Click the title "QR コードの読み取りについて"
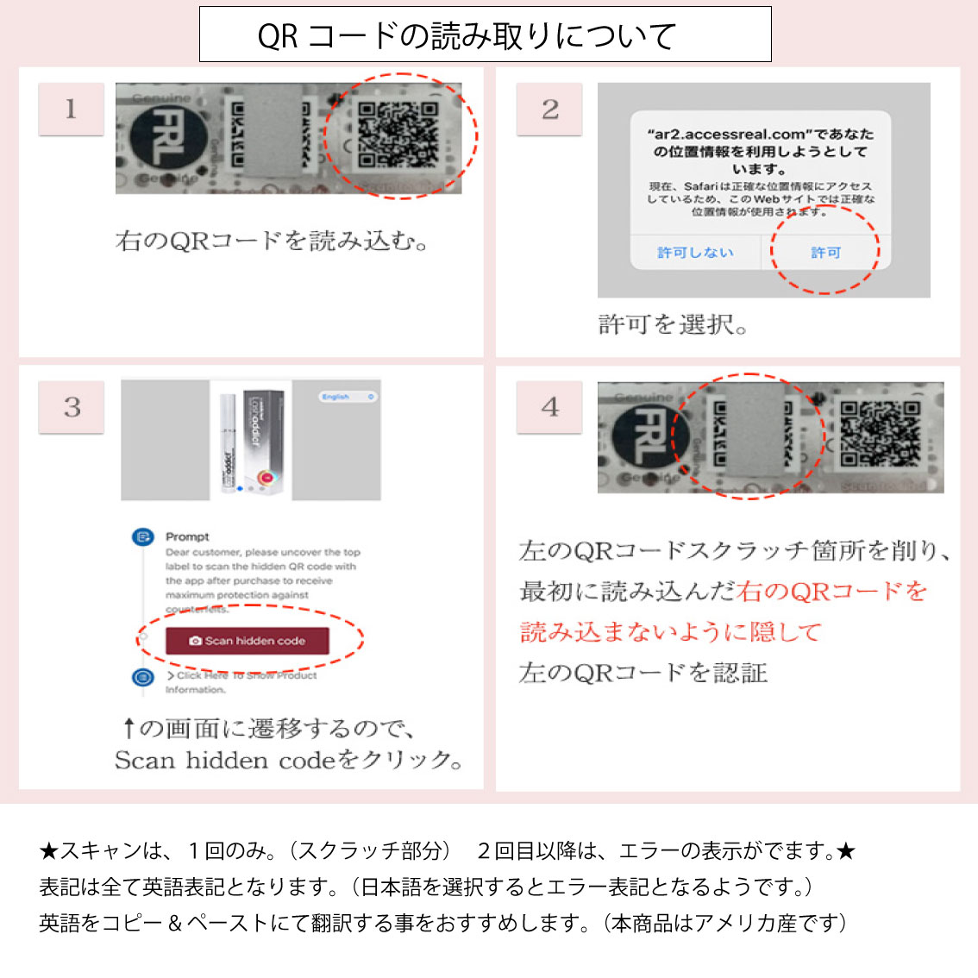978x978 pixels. point(467,35)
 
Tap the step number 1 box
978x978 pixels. point(71,109)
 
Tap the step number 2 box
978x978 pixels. point(549,110)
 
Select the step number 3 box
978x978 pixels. point(72,407)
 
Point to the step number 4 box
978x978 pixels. point(549,407)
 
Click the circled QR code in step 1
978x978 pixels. point(398,136)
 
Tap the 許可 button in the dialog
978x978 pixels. point(824,253)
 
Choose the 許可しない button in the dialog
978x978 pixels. point(695,253)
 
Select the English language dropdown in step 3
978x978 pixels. point(348,397)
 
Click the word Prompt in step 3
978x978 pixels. point(187,536)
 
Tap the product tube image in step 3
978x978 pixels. point(229,440)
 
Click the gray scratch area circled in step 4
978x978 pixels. point(749,436)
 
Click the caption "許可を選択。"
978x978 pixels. point(674,325)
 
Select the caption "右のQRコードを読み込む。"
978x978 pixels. point(272,241)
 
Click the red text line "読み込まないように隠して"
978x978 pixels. point(671,632)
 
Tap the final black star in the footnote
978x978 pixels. point(846,852)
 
